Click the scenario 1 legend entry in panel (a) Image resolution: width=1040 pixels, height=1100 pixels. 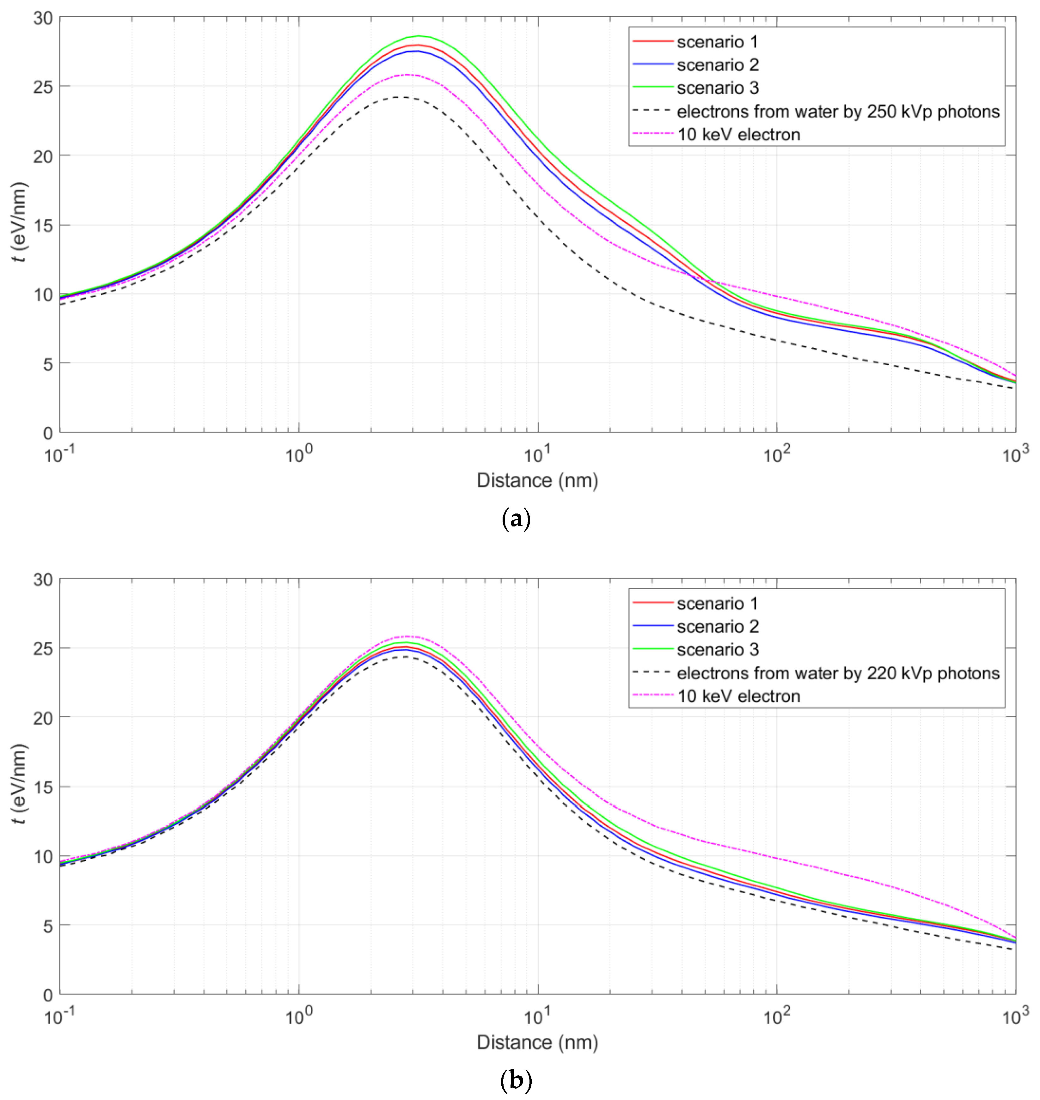[717, 42]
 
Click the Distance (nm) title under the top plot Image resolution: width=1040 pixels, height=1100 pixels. [537, 480]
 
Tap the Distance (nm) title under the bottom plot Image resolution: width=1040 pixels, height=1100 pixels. [537, 1042]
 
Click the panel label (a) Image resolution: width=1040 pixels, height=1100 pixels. [516, 520]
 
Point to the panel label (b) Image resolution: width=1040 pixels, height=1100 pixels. [516, 1081]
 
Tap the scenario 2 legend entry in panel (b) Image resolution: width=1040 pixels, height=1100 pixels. [717, 626]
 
